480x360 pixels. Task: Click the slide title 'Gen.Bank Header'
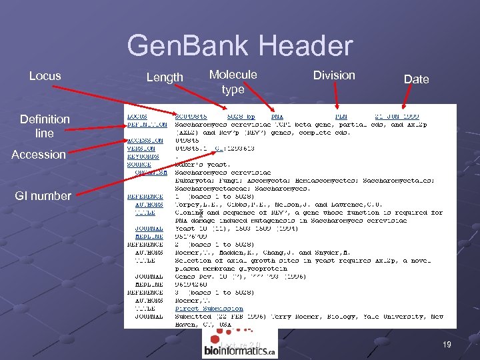239,46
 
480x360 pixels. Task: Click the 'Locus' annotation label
45,76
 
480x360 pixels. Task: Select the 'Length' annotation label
165,78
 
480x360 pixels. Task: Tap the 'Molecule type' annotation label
233,82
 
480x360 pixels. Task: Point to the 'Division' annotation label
334,75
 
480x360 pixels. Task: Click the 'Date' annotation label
416,79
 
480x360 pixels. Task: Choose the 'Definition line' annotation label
45,126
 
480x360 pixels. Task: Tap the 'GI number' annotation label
45,196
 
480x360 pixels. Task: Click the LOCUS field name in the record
138,116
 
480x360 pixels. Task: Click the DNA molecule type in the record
277,116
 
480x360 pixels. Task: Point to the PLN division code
340,116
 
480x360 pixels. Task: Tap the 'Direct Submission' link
209,309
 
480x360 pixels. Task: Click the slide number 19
447,344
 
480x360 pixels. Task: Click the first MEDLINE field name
149,236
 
